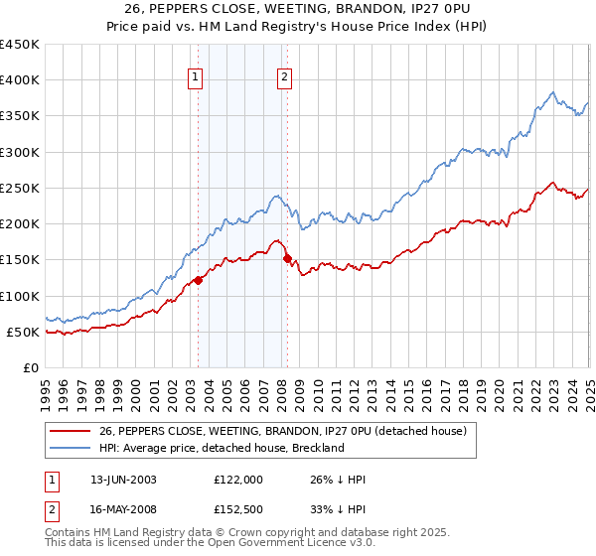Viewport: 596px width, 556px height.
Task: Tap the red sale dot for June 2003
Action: [198, 280]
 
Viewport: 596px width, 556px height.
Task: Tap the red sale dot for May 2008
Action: [287, 259]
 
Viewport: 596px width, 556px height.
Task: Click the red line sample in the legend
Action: [71, 431]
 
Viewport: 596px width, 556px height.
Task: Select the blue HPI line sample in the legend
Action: [71, 448]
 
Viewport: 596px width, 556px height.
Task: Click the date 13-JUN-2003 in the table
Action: [123, 480]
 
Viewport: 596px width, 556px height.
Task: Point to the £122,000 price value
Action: [237, 480]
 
